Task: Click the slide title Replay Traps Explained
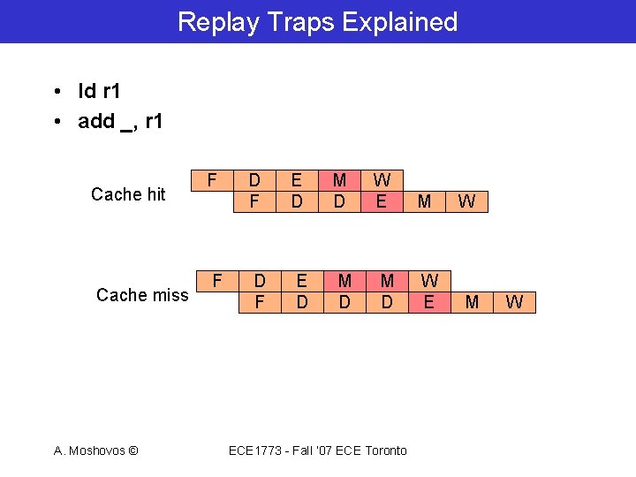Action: point(318,21)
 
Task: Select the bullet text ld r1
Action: point(99,93)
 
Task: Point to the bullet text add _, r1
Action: point(120,122)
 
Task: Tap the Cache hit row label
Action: point(128,194)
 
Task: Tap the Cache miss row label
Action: point(142,295)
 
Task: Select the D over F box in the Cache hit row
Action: point(254,191)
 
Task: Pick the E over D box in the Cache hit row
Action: point(297,191)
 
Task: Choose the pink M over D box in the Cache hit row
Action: point(339,191)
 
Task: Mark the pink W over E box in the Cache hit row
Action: point(382,191)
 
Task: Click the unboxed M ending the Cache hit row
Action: point(424,201)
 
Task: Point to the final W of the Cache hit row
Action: point(467,201)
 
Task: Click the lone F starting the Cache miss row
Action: point(217,281)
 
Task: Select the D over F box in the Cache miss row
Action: point(260,291)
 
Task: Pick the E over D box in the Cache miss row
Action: point(302,291)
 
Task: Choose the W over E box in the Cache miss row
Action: point(429,291)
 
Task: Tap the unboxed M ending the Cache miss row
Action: point(472,303)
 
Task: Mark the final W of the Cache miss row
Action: point(515,303)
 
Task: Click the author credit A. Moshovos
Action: point(95,450)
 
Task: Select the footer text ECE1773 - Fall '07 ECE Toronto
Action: point(318,450)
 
